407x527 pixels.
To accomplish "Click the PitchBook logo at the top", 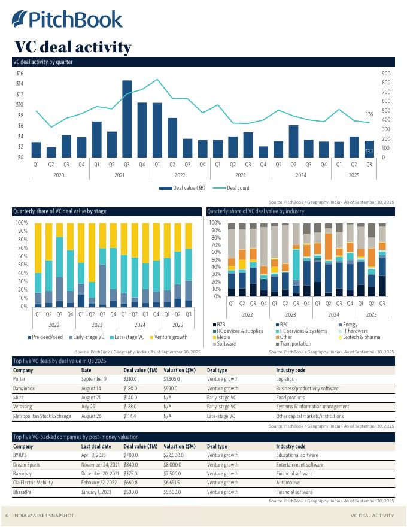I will coord(67,19).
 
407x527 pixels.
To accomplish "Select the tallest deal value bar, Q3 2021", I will coord(127,119).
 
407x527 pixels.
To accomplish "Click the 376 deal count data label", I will coord(369,114).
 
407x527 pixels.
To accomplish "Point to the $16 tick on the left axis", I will coord(20,73).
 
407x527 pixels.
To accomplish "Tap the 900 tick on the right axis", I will coord(385,73).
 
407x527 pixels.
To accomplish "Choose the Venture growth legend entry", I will coord(171,337).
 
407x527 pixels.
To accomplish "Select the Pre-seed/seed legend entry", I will coord(47,337).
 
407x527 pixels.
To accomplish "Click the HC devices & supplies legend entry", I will coord(239,331).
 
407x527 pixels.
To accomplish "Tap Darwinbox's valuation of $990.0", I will coord(172,388).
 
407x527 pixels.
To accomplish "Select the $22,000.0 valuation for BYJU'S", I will coord(176,455).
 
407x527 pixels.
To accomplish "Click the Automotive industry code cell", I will coord(288,483).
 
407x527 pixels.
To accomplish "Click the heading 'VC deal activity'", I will coord(72,47).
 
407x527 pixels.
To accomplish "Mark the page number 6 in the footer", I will coord(7,516).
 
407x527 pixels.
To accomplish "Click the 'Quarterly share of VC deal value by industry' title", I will coord(256,211).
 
